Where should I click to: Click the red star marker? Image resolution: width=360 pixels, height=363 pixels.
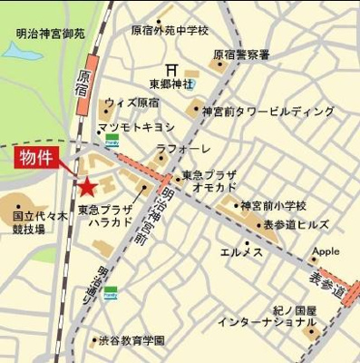[x=86, y=188]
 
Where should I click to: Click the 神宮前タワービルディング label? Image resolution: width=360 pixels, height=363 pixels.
[x=268, y=112]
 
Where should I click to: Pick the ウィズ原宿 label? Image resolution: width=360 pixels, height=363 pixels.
[x=131, y=103]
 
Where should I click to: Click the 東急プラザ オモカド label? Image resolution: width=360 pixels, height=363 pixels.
[x=215, y=181]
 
